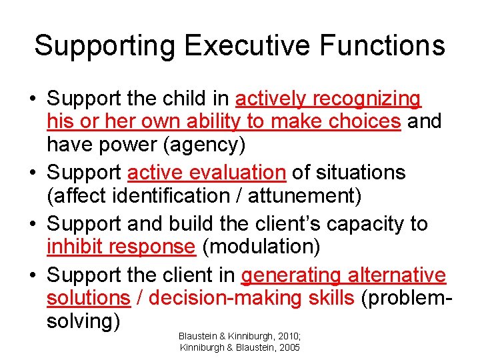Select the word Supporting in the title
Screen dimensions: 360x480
coord(105,46)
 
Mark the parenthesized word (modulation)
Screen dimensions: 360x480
coord(261,246)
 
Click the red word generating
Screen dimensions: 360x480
coord(291,275)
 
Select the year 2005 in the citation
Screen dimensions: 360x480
coord(288,347)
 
